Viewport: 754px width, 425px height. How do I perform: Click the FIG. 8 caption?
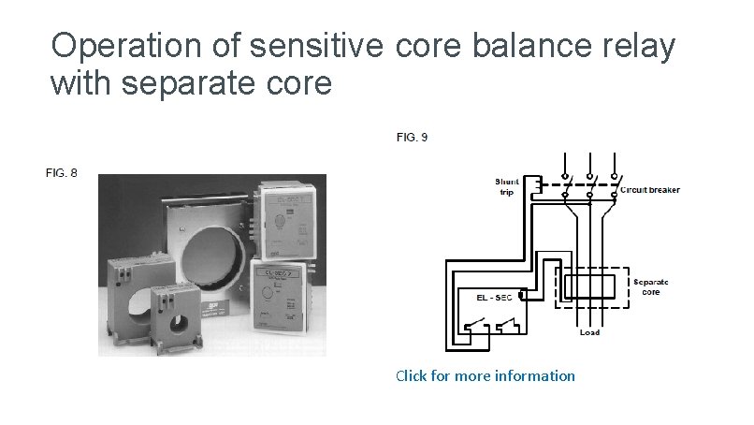[62, 172]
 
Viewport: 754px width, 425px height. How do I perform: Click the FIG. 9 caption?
[413, 138]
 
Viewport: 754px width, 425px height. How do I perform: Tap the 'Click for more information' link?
[485, 375]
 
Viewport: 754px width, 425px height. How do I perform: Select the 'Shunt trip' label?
[506, 186]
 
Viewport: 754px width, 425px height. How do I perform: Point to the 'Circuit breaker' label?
[650, 190]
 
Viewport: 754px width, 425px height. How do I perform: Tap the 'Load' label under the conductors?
[589, 332]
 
